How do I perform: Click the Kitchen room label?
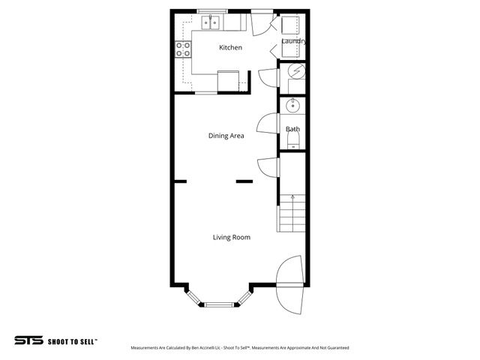230,48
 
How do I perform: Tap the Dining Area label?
226,136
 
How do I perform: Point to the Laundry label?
293,40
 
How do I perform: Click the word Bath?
292,129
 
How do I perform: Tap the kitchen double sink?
208,22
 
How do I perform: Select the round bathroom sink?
293,105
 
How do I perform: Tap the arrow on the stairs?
292,199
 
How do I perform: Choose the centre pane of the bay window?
220,304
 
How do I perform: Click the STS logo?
29,340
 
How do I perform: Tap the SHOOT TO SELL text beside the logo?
72,340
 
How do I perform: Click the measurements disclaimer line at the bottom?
239,348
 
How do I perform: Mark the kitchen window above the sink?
213,10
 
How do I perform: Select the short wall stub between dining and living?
244,181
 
